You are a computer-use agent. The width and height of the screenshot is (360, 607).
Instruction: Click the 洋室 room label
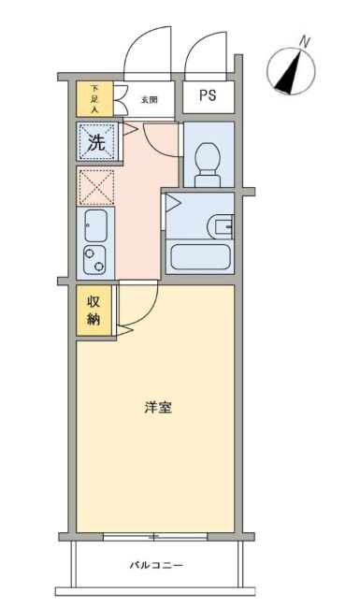[156, 408]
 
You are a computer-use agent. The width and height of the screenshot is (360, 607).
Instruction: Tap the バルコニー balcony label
[156, 566]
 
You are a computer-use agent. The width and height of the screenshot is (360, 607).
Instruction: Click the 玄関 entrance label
[149, 98]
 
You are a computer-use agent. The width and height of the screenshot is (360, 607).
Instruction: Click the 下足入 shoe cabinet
[94, 98]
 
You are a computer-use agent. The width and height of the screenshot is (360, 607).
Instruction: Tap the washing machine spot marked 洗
[95, 142]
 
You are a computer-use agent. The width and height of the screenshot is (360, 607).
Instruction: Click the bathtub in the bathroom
[198, 257]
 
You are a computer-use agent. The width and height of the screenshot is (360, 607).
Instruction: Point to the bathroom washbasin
[223, 225]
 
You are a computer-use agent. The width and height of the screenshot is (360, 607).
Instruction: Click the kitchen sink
[95, 224]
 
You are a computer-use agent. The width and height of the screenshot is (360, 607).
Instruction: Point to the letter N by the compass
[305, 41]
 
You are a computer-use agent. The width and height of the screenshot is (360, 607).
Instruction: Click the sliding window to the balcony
[155, 536]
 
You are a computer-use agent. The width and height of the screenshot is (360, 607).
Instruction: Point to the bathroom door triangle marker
[171, 203]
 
